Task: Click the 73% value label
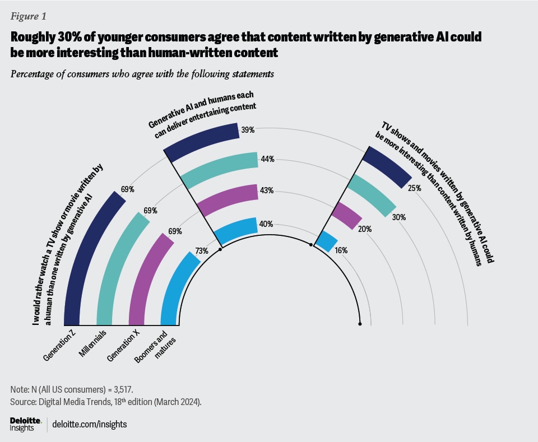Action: (x=202, y=250)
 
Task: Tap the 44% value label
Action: (x=267, y=159)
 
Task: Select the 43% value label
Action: (x=266, y=190)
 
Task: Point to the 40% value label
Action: (x=266, y=224)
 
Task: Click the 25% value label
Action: (x=415, y=189)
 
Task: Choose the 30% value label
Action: (x=399, y=217)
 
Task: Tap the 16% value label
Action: (x=340, y=250)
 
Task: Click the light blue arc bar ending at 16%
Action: (x=324, y=241)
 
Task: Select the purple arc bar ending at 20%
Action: (x=345, y=215)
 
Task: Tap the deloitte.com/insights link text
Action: (x=89, y=424)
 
